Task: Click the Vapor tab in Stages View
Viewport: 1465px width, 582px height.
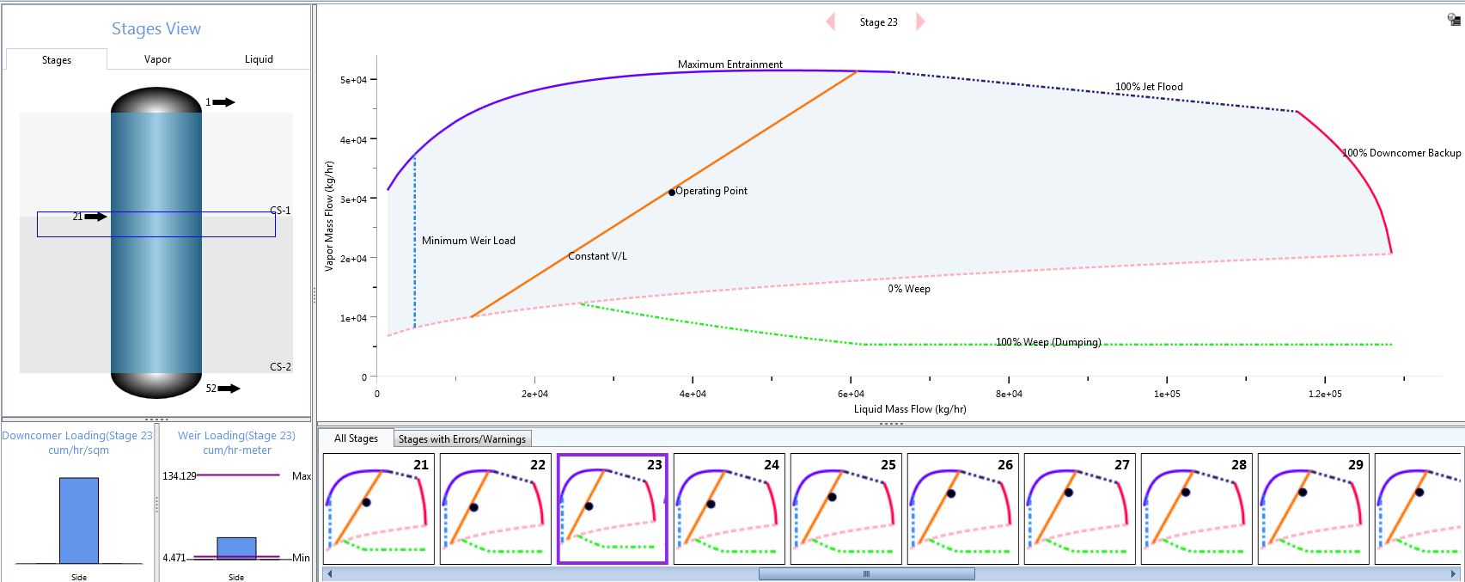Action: pyautogui.click(x=157, y=59)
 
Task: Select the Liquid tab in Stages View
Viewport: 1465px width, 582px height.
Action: pyautogui.click(x=259, y=59)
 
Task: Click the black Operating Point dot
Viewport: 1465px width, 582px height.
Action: pyautogui.click(x=671, y=193)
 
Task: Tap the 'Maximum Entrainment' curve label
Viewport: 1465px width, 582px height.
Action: pyautogui.click(x=729, y=64)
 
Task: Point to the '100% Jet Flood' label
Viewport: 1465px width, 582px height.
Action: pyautogui.click(x=1149, y=87)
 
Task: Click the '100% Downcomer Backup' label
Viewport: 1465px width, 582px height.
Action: pyautogui.click(x=1401, y=153)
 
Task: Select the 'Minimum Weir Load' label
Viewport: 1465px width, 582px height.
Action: pyautogui.click(x=468, y=241)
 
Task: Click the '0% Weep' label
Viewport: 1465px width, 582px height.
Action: pyautogui.click(x=909, y=289)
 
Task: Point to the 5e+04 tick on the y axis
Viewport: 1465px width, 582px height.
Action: pyautogui.click(x=353, y=80)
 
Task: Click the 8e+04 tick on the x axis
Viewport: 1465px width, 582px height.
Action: pyautogui.click(x=1009, y=394)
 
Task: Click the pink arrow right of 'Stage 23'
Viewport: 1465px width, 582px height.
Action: pyautogui.click(x=920, y=22)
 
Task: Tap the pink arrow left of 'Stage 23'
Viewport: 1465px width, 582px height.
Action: pyautogui.click(x=830, y=22)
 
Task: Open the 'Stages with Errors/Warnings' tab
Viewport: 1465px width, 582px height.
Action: pyautogui.click(x=461, y=439)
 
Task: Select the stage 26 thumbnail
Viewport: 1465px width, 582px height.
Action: pyautogui.click(x=962, y=509)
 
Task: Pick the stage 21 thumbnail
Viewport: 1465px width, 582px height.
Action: pyautogui.click(x=378, y=509)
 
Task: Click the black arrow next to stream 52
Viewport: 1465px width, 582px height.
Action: pyautogui.click(x=229, y=389)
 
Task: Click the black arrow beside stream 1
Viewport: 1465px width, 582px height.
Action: pyautogui.click(x=223, y=102)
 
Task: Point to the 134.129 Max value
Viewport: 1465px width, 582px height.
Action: pyautogui.click(x=180, y=475)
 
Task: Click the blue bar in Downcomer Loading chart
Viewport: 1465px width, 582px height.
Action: pyautogui.click(x=79, y=520)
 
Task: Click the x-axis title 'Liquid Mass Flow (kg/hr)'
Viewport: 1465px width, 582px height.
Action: pyautogui.click(x=909, y=409)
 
